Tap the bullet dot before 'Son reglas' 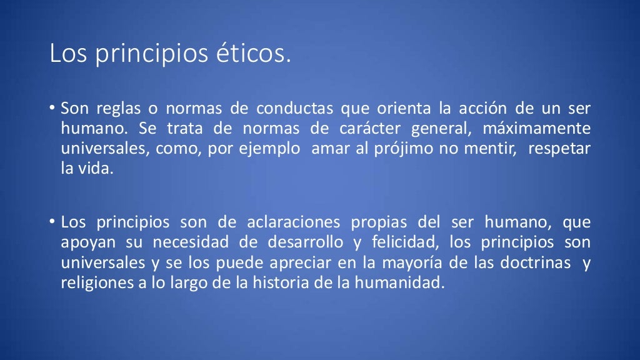(x=54, y=109)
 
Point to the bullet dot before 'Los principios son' (x=54, y=222)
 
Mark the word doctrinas (x=537, y=262)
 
